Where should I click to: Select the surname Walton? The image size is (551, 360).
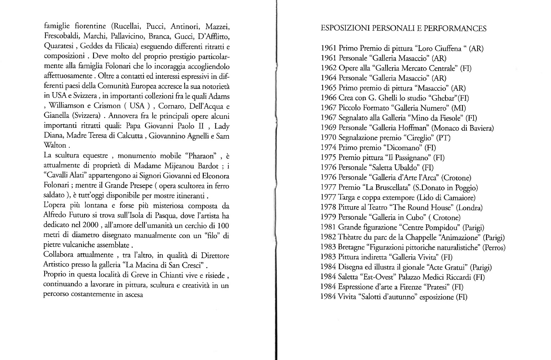click(x=55, y=146)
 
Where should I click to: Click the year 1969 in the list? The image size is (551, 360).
click(x=328, y=128)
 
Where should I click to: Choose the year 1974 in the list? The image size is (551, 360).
click(x=328, y=148)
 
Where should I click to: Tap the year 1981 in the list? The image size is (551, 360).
click(x=328, y=228)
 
